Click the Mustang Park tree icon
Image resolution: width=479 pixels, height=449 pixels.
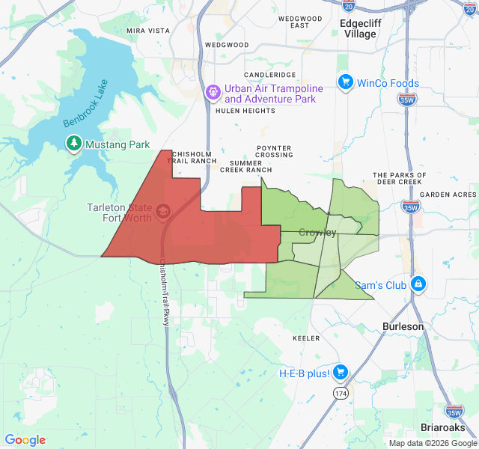[73, 144]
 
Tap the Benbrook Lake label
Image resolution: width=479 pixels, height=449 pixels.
[87, 103]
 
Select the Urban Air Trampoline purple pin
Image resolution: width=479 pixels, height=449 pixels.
[213, 93]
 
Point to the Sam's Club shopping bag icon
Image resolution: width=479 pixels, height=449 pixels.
[417, 284]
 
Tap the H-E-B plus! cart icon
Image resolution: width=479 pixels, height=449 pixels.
[341, 372]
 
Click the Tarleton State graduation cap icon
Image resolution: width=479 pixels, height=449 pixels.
[162, 213]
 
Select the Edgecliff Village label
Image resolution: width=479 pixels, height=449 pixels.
[358, 28]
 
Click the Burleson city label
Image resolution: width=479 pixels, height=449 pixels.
[403, 326]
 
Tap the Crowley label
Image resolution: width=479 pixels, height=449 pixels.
[317, 233]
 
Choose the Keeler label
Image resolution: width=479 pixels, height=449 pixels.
[306, 338]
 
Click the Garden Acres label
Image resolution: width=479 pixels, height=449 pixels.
[448, 195]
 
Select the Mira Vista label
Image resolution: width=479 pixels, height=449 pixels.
[148, 31]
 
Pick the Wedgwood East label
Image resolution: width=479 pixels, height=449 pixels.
[299, 22]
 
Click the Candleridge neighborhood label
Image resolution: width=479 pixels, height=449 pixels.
[269, 76]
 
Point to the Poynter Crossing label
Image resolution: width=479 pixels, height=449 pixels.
[274, 152]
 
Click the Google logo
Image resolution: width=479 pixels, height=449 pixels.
[25, 440]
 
